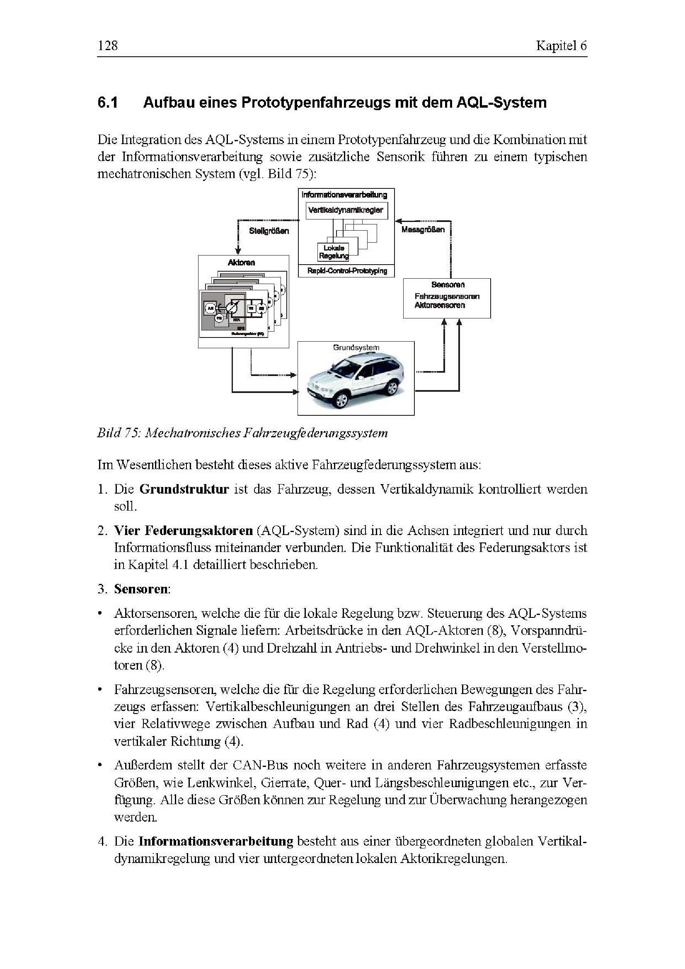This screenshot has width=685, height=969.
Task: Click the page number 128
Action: point(107,46)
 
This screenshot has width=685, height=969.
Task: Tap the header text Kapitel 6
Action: point(561,46)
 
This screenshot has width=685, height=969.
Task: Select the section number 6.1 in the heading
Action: point(109,103)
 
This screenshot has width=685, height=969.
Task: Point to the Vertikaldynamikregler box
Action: point(346,210)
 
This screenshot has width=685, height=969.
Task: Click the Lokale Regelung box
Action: point(334,252)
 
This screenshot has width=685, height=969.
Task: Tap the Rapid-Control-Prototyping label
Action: point(347,271)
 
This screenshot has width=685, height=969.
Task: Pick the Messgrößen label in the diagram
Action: point(423,229)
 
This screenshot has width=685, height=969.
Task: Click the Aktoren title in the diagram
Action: point(242,263)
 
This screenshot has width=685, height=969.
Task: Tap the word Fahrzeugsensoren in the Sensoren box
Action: point(447,296)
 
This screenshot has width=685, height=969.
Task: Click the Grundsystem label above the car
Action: point(356,347)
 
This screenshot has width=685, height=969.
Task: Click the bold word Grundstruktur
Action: point(184,489)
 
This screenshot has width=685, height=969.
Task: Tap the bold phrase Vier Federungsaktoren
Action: point(183,530)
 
